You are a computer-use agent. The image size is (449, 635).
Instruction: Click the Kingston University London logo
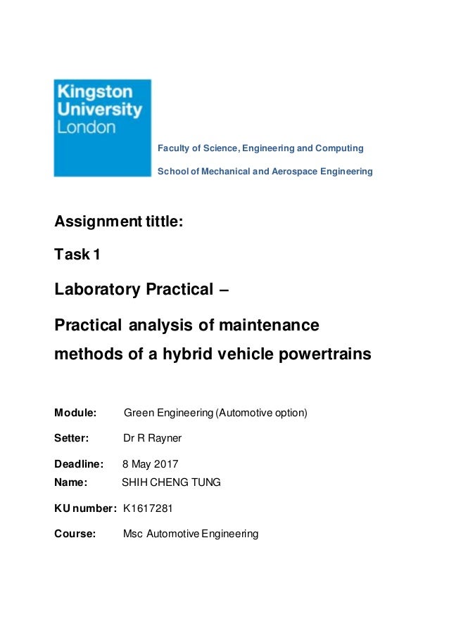point(103,127)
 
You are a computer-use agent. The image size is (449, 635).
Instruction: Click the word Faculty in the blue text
point(174,148)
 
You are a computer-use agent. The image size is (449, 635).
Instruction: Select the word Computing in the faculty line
point(341,148)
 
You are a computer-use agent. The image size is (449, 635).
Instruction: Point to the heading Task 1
point(77,255)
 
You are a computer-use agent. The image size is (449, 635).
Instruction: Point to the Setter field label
point(72,438)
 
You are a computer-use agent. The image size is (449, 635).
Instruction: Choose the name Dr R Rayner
point(152,438)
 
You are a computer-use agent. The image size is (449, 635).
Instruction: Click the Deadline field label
point(79,464)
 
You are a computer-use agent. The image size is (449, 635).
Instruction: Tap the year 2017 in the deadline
point(166,464)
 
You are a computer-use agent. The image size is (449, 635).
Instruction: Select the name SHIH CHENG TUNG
point(171,482)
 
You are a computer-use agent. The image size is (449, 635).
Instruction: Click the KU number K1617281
point(148,508)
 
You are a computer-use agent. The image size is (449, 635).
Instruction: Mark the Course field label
point(75,534)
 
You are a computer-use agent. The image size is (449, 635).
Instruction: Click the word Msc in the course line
point(133,534)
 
